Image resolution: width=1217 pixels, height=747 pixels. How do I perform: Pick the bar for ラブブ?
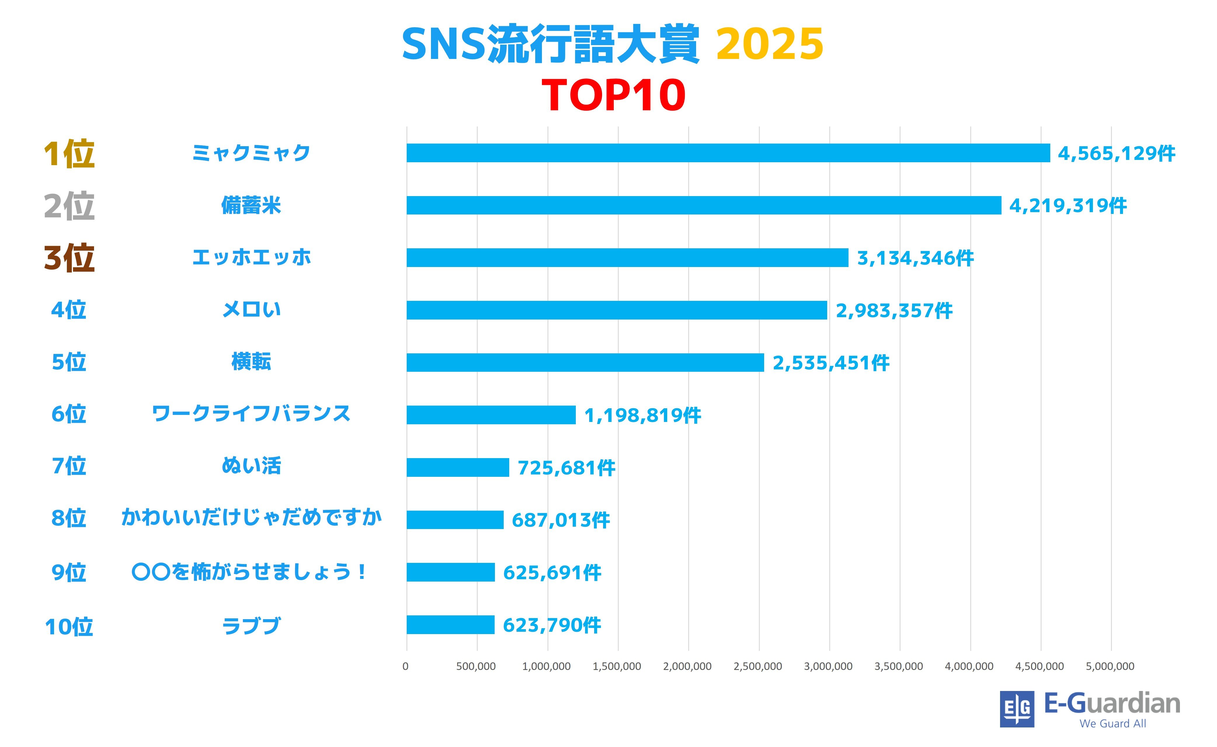coord(450,624)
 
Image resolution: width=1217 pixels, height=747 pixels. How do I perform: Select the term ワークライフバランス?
coord(251,413)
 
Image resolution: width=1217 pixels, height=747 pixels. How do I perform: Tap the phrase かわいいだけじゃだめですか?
coord(251,517)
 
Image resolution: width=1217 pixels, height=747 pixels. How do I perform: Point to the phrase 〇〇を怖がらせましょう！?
coord(250,572)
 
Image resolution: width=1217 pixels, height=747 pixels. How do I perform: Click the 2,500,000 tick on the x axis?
coord(758,666)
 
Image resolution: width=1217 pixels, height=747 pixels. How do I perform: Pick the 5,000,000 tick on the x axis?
coord(1110,666)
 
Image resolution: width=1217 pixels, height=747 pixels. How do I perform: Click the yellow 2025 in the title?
coord(769,44)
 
